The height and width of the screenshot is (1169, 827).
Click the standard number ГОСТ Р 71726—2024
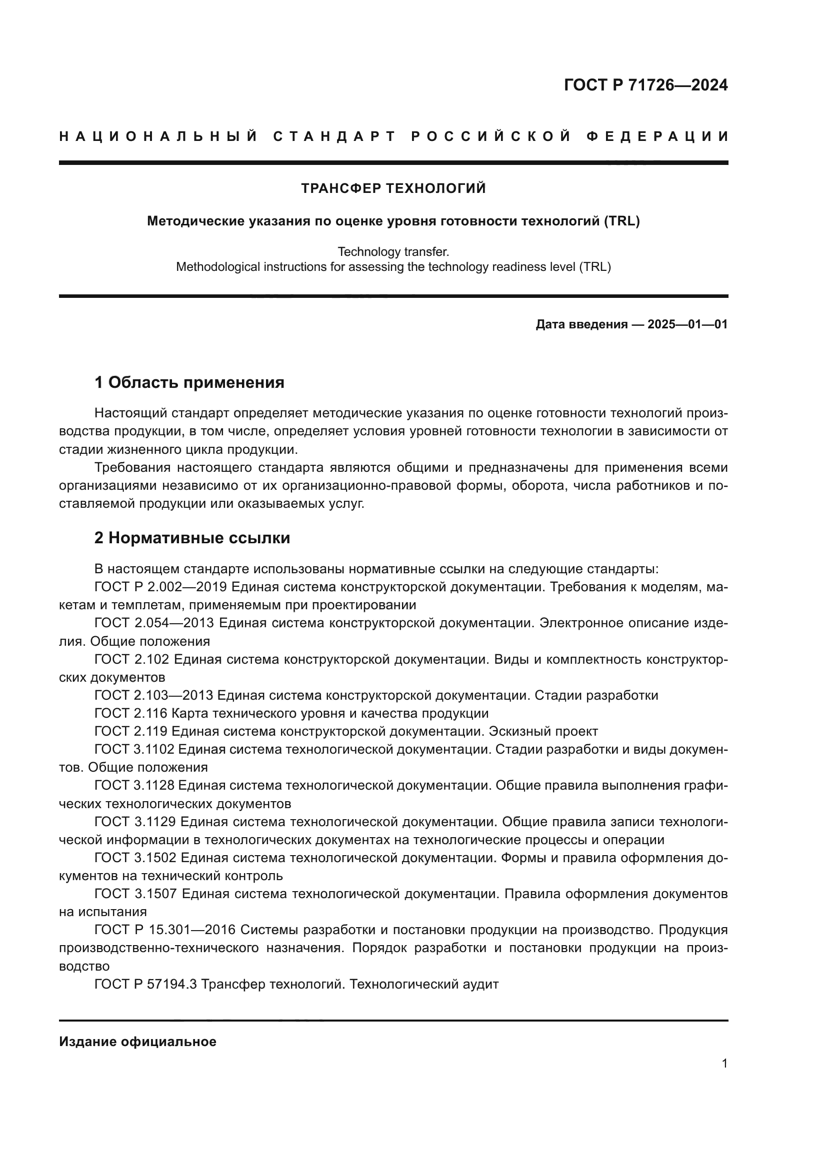[645, 85]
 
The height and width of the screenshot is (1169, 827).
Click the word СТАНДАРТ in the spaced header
[334, 136]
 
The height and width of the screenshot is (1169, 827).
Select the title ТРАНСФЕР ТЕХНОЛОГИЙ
[393, 188]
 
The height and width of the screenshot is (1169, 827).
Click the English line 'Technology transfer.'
[393, 251]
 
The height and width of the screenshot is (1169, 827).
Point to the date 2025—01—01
[687, 324]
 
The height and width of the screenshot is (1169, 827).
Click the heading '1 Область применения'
[189, 382]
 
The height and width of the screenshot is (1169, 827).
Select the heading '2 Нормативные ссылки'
[192, 538]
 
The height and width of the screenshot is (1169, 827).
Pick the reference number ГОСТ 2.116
[131, 713]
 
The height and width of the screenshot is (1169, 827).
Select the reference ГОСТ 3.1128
[134, 786]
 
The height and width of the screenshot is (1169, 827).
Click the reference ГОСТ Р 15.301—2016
[164, 930]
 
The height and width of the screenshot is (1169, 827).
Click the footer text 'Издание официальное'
[137, 1042]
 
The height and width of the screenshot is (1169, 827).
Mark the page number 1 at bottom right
[724, 1064]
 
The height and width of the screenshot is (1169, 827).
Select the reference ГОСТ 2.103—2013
[154, 696]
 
